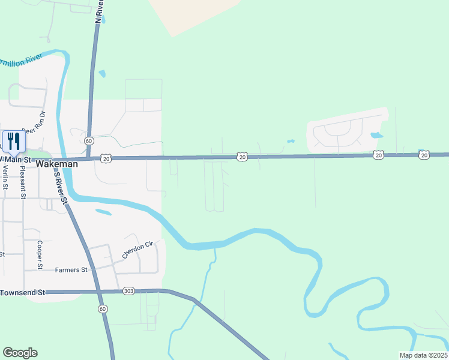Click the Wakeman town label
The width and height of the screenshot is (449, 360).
57,163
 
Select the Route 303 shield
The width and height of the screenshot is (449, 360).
128,291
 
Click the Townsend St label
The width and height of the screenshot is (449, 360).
23,292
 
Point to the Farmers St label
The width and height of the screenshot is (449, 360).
71,270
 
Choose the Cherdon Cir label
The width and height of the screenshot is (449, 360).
138,250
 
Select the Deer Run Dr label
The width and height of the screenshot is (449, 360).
34,122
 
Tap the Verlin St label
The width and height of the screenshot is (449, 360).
5,178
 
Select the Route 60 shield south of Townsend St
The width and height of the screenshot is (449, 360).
103,308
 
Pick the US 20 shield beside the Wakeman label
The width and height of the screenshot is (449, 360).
106,158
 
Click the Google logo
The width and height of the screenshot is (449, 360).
20,353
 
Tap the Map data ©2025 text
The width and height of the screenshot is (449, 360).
423,355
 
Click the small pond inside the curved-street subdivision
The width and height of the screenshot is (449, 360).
376,135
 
